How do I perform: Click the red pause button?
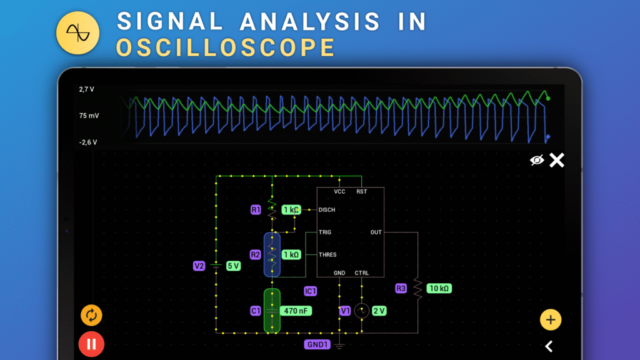(91, 344)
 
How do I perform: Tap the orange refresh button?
(91, 315)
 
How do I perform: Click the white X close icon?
(556, 161)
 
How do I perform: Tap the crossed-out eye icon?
(537, 161)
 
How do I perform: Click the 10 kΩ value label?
(439, 288)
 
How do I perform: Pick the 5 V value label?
(233, 266)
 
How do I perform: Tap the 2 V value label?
(379, 311)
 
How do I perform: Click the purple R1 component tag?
(256, 210)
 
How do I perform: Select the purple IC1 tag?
(311, 291)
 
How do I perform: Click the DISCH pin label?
(327, 210)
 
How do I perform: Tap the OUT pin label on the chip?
(376, 232)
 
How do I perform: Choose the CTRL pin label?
(362, 273)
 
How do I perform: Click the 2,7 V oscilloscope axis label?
(86, 89)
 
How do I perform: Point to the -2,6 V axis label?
(87, 142)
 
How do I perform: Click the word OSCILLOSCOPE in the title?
(226, 47)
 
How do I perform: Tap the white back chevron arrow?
(549, 346)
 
